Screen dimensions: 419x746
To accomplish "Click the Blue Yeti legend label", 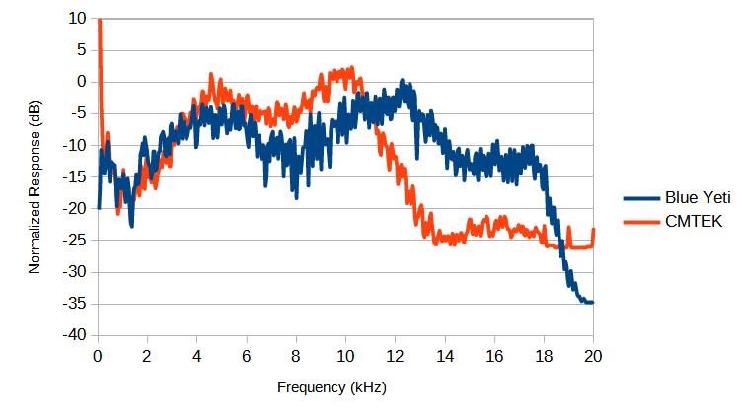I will [x=696, y=198].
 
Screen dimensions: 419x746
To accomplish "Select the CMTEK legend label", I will [x=695, y=222].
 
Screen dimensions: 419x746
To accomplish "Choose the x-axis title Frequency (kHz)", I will [x=332, y=387].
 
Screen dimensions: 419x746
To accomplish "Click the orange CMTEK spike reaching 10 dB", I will [x=100, y=21].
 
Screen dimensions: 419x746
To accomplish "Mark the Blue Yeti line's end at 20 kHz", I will [x=592, y=303].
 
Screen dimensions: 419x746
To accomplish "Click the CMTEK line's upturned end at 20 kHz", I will [x=593, y=231].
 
